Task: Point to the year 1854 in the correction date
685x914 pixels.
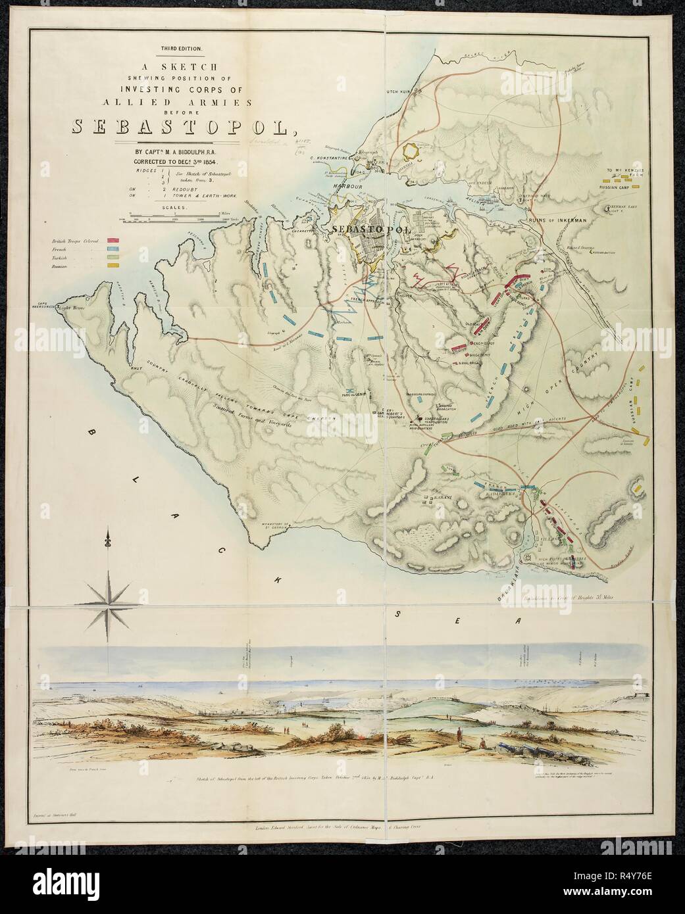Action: tap(210, 160)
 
